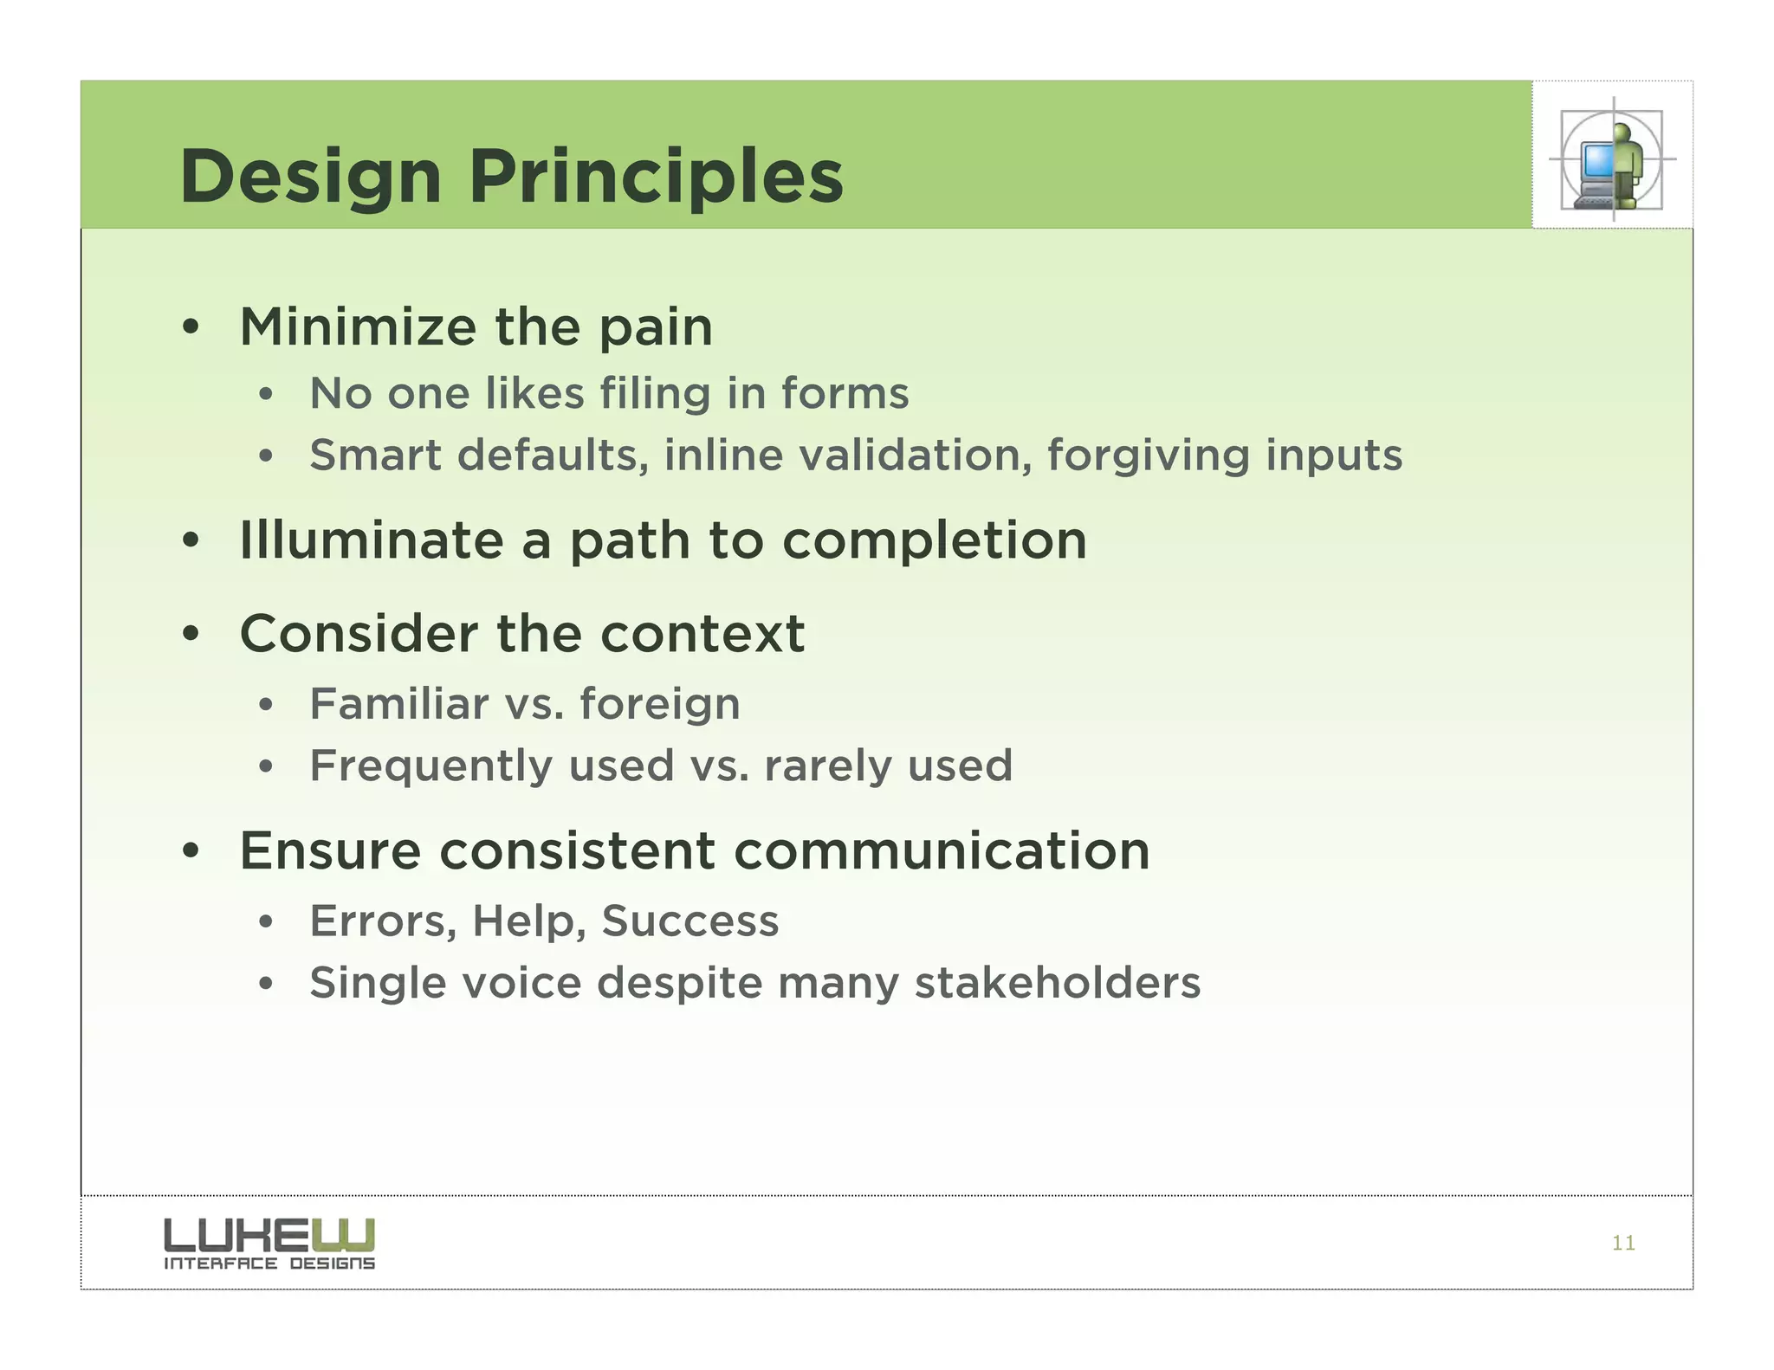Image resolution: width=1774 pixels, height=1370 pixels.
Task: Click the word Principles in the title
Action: [x=656, y=178]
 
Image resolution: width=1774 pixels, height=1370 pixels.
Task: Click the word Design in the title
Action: [x=311, y=178]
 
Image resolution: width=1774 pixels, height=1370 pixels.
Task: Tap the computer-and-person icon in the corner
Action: [x=1612, y=160]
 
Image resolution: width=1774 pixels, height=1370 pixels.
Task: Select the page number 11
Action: [x=1623, y=1244]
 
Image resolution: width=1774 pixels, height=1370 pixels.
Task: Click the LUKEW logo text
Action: [x=269, y=1235]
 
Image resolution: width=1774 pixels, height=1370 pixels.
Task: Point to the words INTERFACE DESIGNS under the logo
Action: [x=269, y=1264]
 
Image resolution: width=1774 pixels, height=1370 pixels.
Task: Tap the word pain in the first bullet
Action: [x=656, y=329]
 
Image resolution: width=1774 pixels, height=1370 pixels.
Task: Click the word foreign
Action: [x=660, y=705]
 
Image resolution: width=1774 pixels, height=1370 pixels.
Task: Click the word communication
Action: [x=942, y=850]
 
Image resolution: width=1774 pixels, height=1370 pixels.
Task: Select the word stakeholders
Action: [x=1058, y=984]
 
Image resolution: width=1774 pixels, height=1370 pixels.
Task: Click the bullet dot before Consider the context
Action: [x=191, y=635]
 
